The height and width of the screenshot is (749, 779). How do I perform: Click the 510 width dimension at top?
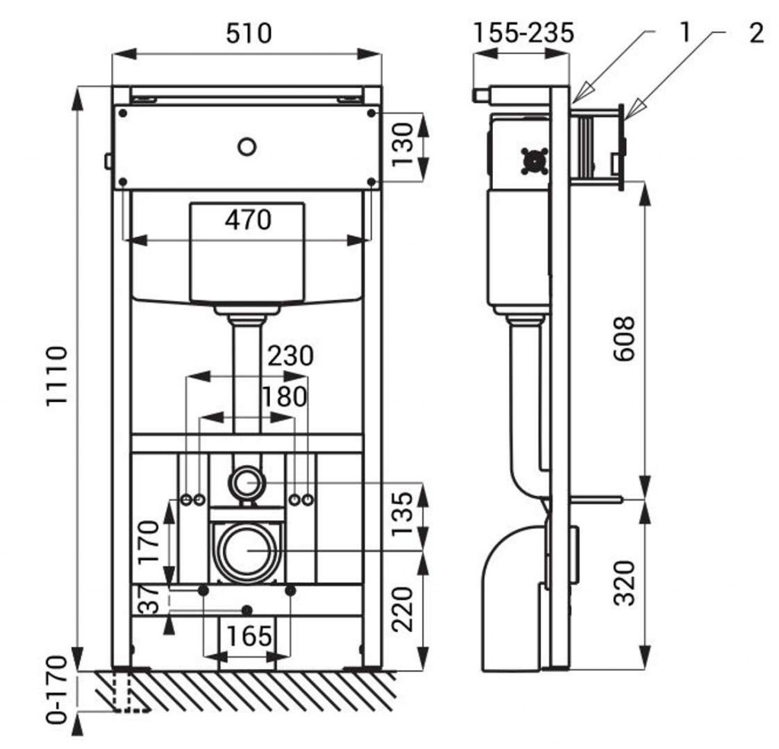tap(248, 34)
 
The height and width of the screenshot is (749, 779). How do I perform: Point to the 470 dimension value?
tap(247, 220)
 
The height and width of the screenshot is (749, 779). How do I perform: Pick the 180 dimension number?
tap(284, 397)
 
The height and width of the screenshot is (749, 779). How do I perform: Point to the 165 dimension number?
tap(248, 635)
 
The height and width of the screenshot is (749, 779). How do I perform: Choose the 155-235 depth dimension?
tap(523, 34)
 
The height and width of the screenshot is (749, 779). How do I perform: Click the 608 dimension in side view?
tap(625, 339)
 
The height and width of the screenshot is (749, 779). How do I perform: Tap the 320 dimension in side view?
tap(625, 582)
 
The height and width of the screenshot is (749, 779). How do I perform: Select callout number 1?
tap(685, 32)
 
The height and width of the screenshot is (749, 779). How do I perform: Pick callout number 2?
tap(755, 33)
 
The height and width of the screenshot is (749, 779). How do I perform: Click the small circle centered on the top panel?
tap(246, 146)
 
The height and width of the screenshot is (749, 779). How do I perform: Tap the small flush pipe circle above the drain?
tap(246, 481)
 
